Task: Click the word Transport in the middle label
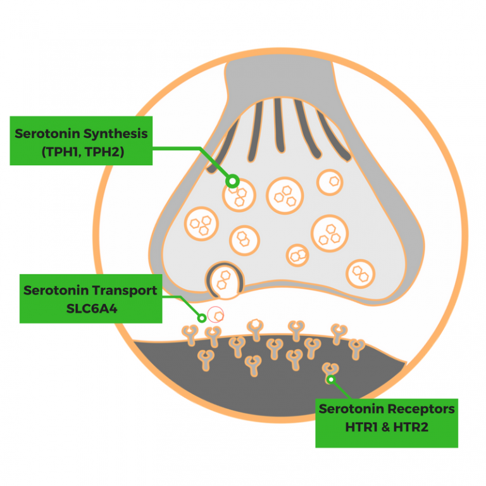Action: click(121, 290)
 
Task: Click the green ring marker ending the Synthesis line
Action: click(232, 182)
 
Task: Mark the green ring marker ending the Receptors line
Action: click(330, 379)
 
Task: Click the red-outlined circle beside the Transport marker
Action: click(216, 315)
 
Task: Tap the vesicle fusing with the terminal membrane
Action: click(223, 280)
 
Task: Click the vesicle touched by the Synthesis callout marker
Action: click(239, 195)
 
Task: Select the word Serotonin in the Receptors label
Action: click(349, 409)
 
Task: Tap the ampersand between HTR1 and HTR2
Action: click(386, 427)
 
